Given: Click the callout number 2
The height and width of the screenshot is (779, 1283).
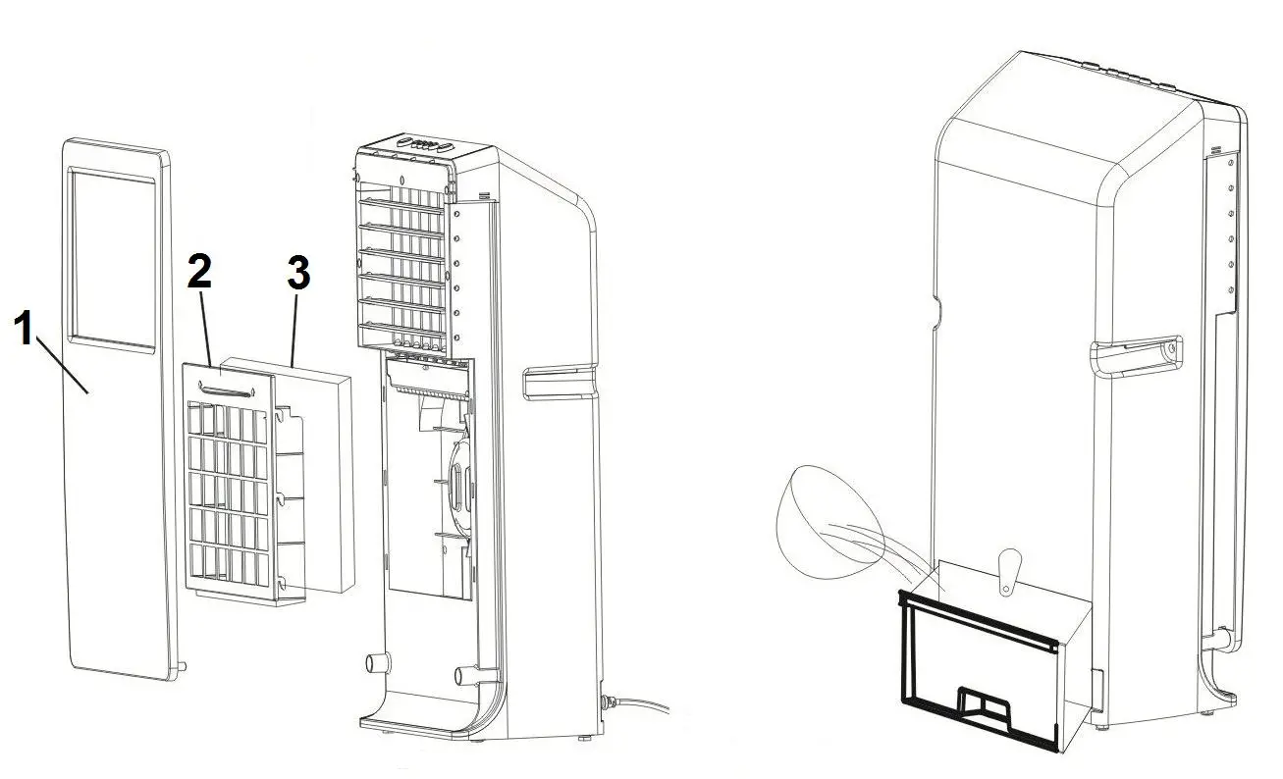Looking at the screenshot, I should (x=199, y=272).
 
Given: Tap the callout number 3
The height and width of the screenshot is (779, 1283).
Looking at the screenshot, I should (x=298, y=275).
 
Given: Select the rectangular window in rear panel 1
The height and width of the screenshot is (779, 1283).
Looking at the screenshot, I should (x=111, y=257).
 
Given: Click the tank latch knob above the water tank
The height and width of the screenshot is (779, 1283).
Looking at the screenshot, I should (x=1008, y=569).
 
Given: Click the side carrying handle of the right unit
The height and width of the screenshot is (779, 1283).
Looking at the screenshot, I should (x=1138, y=354).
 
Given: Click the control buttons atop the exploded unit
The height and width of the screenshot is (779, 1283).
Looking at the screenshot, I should (x=422, y=145).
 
